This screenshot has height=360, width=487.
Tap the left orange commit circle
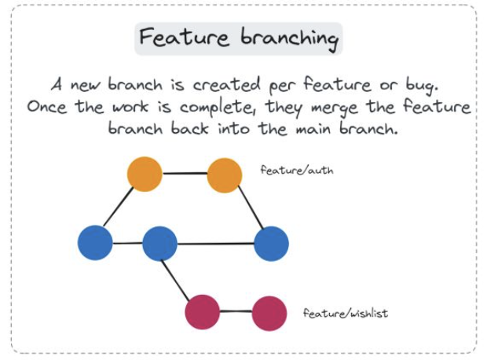click(145, 174)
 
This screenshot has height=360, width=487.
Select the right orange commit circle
click(225, 174)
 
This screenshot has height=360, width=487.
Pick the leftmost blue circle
click(96, 243)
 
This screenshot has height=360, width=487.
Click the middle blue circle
click(159, 244)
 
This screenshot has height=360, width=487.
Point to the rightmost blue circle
click(271, 243)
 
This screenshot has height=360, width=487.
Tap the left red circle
click(202, 311)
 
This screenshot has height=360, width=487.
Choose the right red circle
click(269, 313)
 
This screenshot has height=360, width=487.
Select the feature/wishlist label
click(346, 313)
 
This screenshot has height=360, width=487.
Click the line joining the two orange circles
click(185, 173)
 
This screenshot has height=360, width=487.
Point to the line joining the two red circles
click(236, 312)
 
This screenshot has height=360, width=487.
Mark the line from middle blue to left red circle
click(178, 274)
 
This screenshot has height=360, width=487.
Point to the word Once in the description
click(48, 106)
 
